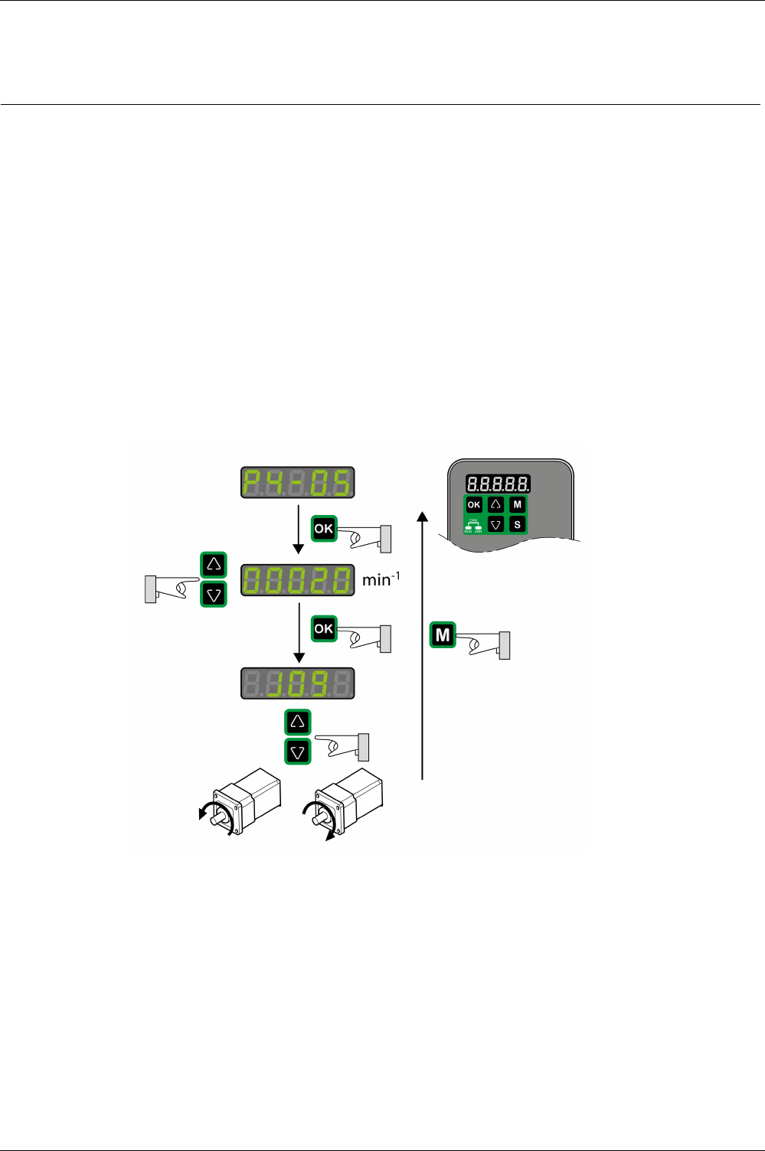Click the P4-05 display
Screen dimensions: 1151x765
298,482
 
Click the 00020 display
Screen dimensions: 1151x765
298,580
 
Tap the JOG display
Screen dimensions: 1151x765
298,683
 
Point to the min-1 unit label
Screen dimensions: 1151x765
381,579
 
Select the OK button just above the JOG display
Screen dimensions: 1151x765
324,628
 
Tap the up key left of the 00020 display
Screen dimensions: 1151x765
214,565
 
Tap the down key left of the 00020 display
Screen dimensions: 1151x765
214,594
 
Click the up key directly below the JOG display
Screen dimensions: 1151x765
298,722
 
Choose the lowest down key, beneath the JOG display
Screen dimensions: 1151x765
298,752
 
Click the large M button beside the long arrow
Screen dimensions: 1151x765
443,634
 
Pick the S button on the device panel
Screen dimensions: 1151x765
518,524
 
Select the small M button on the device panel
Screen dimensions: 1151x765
518,504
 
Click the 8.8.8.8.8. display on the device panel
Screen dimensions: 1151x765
498,484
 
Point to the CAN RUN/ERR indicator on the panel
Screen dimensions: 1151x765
473,524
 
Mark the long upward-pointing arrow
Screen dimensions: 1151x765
422,643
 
